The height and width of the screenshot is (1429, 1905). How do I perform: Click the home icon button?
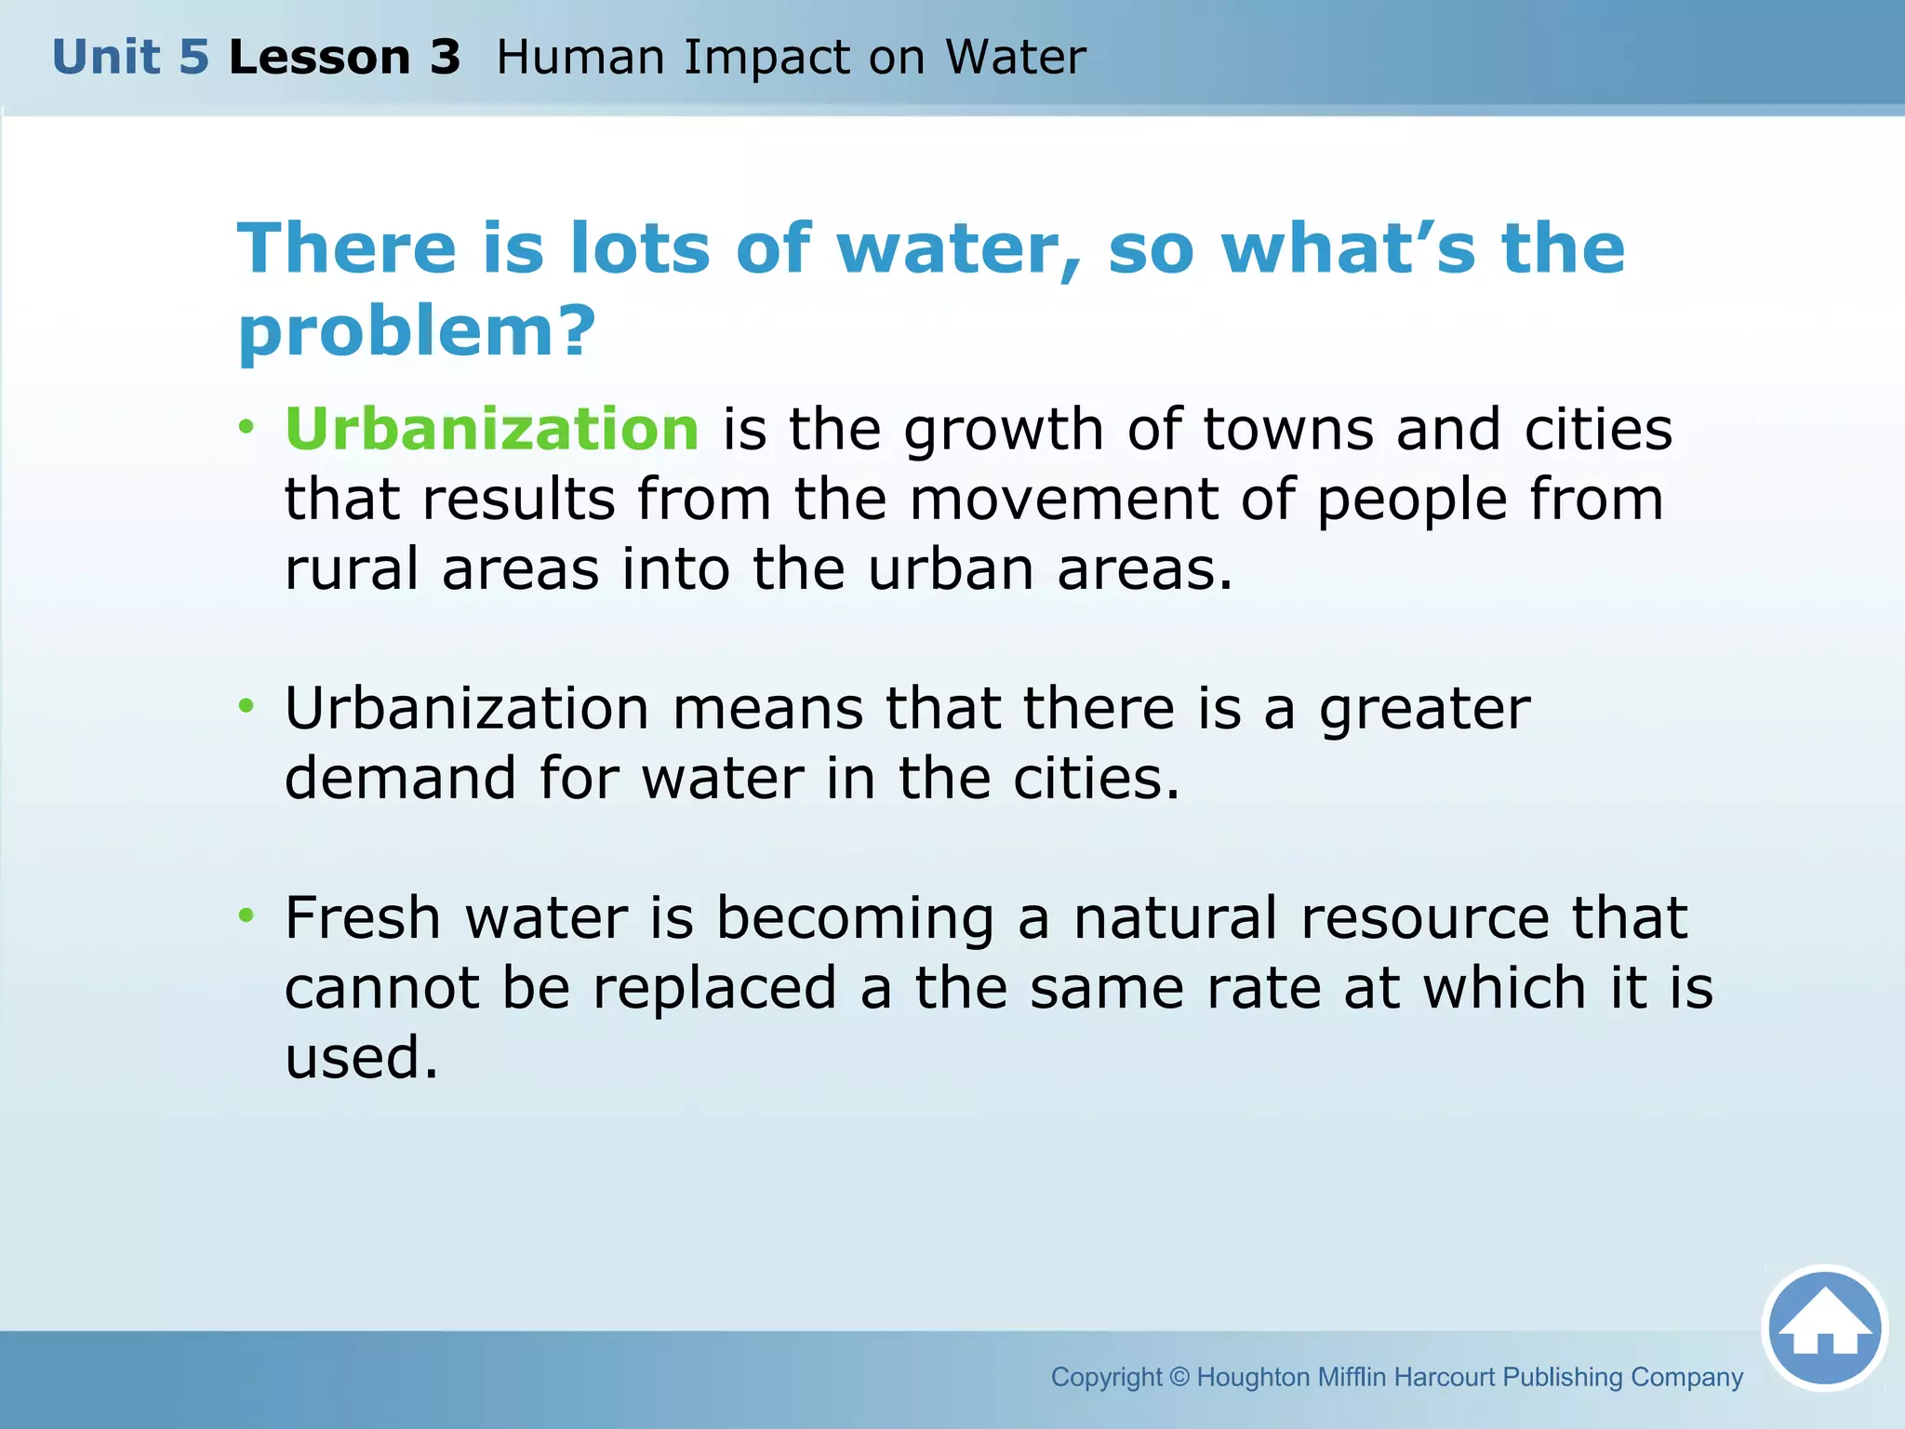tap(1824, 1328)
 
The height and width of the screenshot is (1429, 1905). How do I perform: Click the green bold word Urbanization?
tap(491, 429)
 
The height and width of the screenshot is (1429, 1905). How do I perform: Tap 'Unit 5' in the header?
tap(130, 58)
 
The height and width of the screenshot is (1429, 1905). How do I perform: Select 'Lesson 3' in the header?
tap(344, 58)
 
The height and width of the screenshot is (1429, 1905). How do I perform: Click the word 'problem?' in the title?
tap(416, 331)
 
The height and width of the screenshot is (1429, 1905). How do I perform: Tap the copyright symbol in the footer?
tap(1179, 1377)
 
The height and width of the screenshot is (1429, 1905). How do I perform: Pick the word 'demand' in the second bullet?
tap(400, 778)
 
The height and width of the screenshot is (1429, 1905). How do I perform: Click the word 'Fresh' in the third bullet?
tap(362, 918)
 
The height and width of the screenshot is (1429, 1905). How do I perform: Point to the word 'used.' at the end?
tap(361, 1058)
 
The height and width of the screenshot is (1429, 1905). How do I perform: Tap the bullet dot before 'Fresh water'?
tap(246, 915)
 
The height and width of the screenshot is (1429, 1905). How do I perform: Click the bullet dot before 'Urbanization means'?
tap(246, 706)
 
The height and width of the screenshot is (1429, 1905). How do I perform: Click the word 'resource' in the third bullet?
tap(1424, 918)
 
